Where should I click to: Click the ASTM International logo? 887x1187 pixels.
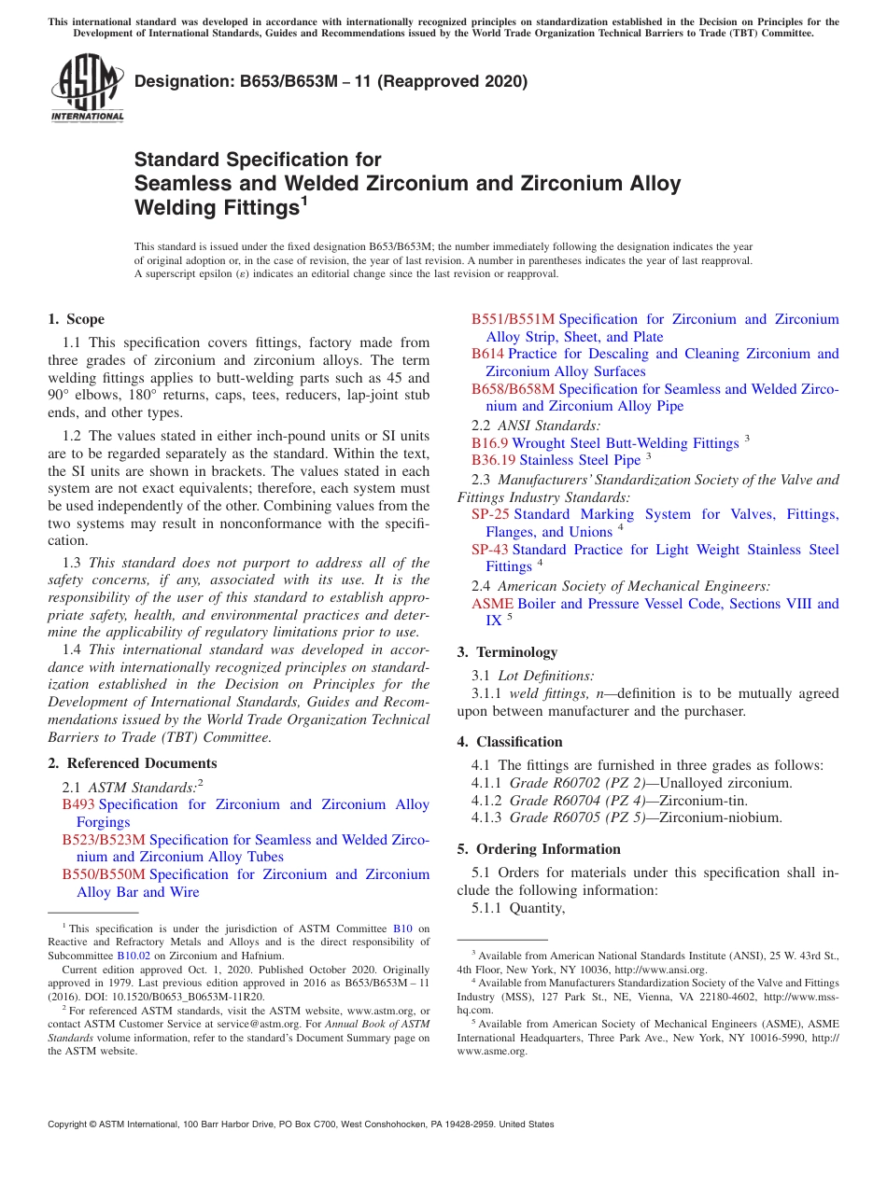pyautogui.click(x=87, y=89)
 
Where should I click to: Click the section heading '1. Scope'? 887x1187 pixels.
pyautogui.click(x=76, y=319)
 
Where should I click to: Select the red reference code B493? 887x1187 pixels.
pyautogui.click(x=78, y=804)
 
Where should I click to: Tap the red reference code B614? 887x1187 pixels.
pyautogui.click(x=487, y=354)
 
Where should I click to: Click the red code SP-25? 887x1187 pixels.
pyautogui.click(x=490, y=514)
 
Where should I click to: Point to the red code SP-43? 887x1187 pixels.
pyautogui.click(x=490, y=550)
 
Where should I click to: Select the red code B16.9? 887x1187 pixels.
pyautogui.click(x=489, y=443)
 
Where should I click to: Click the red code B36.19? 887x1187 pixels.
pyautogui.click(x=493, y=460)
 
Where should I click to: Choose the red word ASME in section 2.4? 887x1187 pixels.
pyautogui.click(x=492, y=604)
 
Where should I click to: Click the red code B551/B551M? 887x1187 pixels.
pyautogui.click(x=513, y=319)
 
